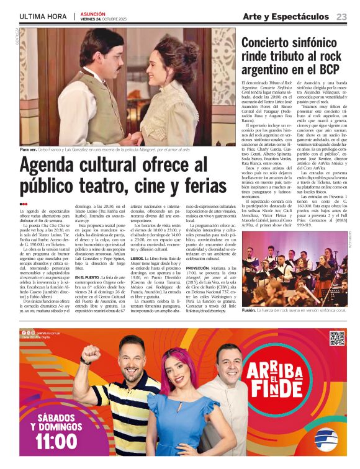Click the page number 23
(x=341, y=16)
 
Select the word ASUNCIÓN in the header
(x=93, y=13)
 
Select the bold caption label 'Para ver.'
(x=29, y=150)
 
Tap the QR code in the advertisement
(x=336, y=338)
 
